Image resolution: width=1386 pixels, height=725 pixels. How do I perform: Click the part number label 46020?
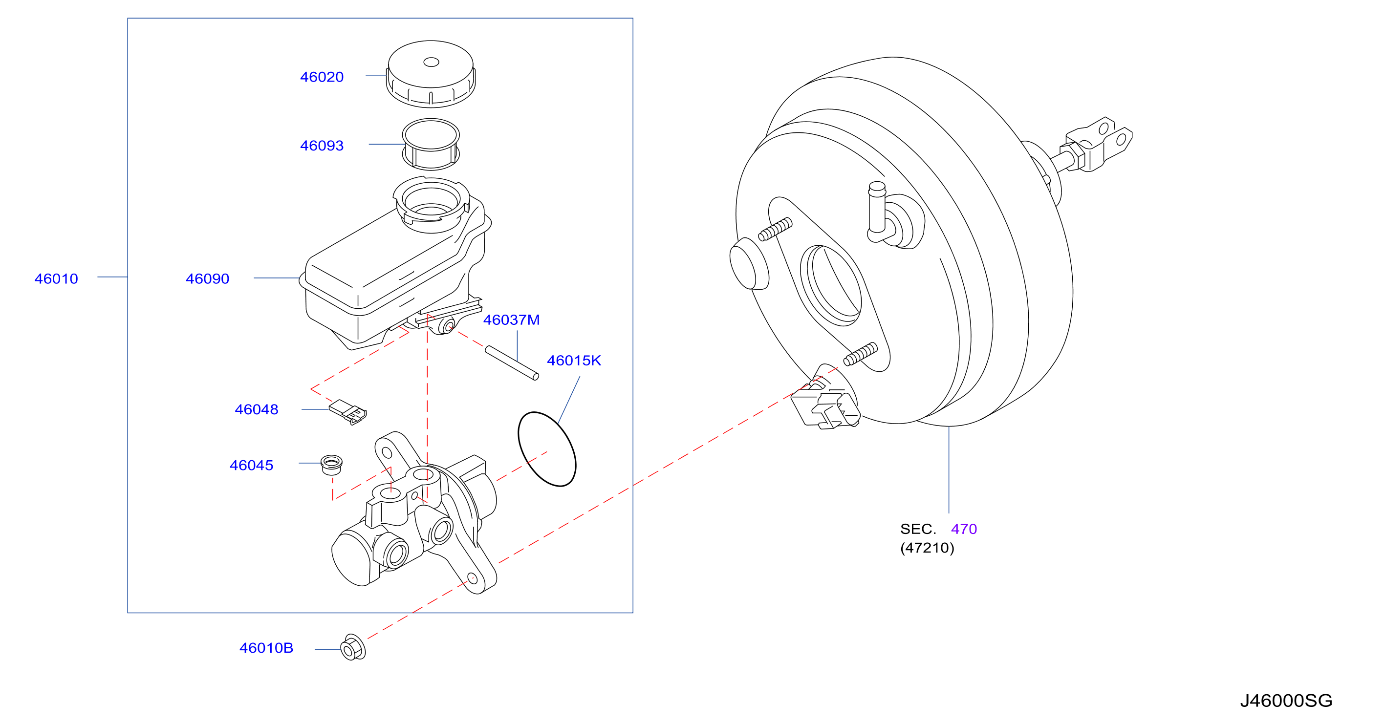pos(322,77)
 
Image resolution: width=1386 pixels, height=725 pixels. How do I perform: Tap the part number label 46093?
pos(322,146)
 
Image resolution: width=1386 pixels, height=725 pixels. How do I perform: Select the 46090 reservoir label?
pos(207,278)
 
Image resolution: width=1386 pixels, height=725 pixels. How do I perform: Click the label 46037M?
pos(511,320)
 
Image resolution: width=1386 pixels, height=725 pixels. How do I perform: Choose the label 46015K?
pos(574,361)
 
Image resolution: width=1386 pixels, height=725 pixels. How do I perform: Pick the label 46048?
pos(256,410)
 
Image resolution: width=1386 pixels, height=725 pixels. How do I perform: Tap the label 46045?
pos(251,465)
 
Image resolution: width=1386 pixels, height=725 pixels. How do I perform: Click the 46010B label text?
pos(266,648)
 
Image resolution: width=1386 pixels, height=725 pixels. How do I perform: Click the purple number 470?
pos(964,529)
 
